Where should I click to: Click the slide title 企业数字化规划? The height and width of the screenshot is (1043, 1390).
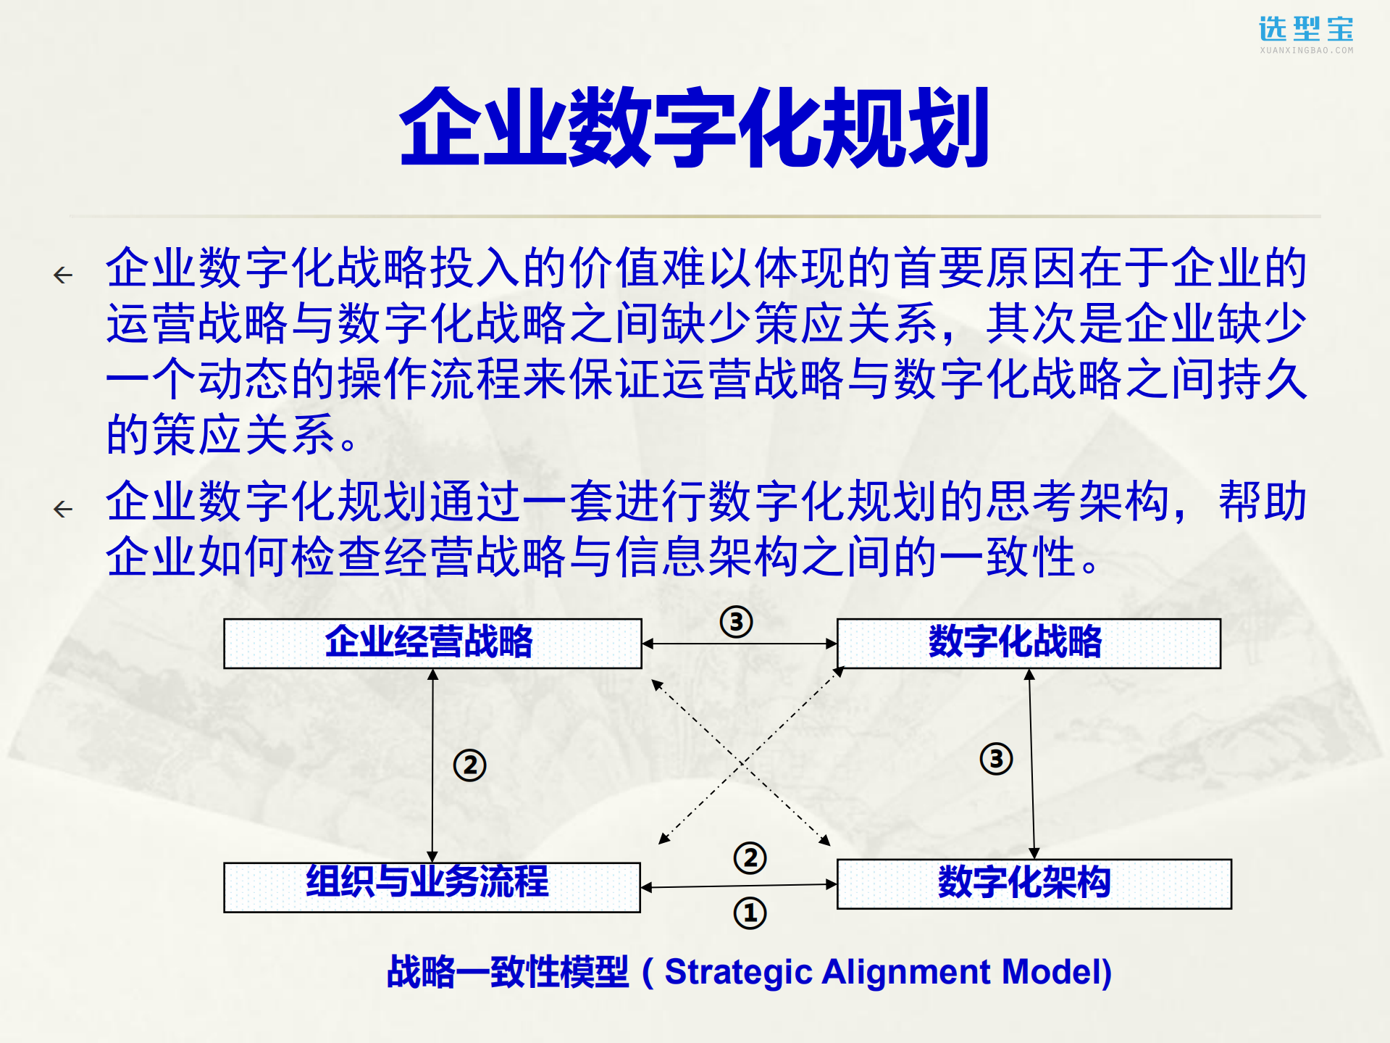694,128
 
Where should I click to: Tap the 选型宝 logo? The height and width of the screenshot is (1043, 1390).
1306,33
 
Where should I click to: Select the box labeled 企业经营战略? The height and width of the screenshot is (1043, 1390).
432,643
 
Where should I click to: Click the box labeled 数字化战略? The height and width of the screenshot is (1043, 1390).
1028,643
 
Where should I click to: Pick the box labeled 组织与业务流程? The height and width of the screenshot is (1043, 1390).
432,886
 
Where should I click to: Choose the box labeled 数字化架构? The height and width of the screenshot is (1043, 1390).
1034,884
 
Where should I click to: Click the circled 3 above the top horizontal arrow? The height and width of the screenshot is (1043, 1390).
736,621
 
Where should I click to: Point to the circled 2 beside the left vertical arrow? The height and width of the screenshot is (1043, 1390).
469,765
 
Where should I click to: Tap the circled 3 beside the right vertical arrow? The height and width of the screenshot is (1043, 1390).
996,759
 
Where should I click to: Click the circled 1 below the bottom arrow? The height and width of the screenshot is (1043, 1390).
750,913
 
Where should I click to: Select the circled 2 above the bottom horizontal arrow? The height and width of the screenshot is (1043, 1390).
750,857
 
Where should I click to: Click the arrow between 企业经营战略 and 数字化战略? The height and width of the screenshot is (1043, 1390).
740,643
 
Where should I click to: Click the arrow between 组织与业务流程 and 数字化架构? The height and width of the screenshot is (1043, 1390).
739,885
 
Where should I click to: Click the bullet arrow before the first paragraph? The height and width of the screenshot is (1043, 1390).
63,275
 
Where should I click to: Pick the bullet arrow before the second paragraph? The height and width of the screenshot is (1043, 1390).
63,509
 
